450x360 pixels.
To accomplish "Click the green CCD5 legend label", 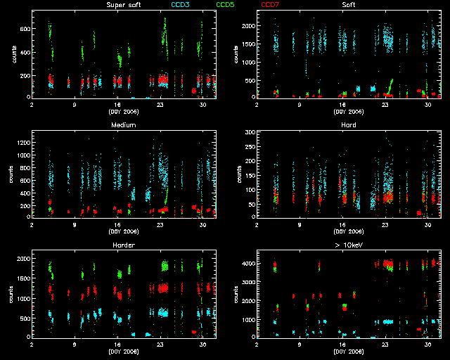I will [x=226, y=5].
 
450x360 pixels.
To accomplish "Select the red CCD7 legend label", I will [x=271, y=5].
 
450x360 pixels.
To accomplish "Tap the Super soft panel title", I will [x=122, y=5].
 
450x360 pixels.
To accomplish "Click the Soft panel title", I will [x=348, y=5].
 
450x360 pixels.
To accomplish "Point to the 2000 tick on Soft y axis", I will [x=246, y=25].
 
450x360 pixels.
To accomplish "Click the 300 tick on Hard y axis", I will [x=248, y=132].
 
